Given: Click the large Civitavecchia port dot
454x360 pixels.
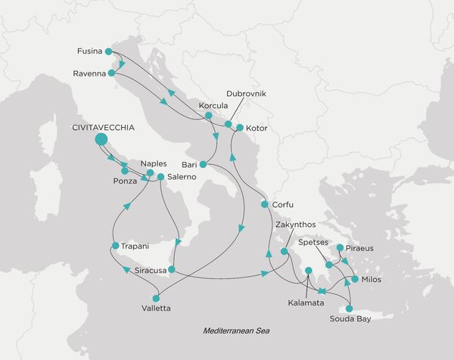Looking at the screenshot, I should point(101,140).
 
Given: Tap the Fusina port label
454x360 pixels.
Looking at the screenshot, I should point(91,51).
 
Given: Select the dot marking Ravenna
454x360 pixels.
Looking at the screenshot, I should point(111,73).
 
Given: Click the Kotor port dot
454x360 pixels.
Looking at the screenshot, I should point(238,127).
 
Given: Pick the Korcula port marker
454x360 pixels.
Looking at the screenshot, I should point(208,116).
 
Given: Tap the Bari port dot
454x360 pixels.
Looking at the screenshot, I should point(204,163).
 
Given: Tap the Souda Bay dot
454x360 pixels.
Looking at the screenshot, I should point(349,309).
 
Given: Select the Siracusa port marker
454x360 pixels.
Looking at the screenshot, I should point(172,269).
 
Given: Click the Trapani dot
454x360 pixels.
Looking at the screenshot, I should point(114,246).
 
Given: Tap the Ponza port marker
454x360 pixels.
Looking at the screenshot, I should point(124,171).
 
